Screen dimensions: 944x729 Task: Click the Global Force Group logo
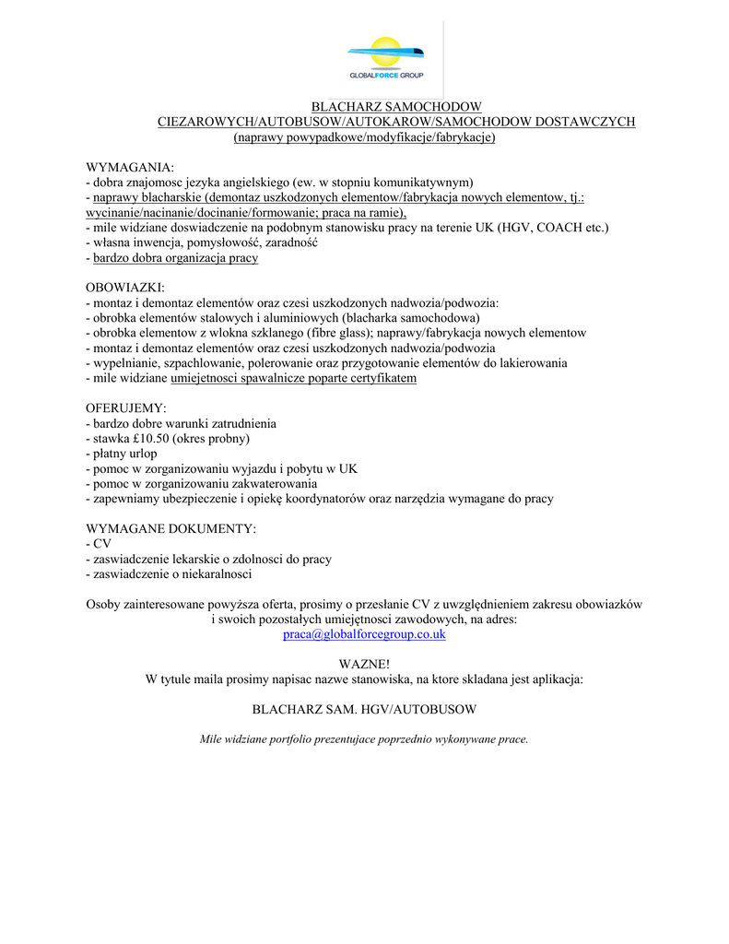click(385, 58)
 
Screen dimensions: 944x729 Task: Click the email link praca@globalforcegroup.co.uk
click(364, 634)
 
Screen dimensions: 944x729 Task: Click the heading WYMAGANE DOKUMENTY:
click(170, 528)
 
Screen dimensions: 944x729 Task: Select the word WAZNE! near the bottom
click(364, 664)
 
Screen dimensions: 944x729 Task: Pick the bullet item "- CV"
click(99, 544)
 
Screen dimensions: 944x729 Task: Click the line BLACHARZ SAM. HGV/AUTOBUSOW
click(364, 710)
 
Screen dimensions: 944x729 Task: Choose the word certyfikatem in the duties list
click(380, 378)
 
